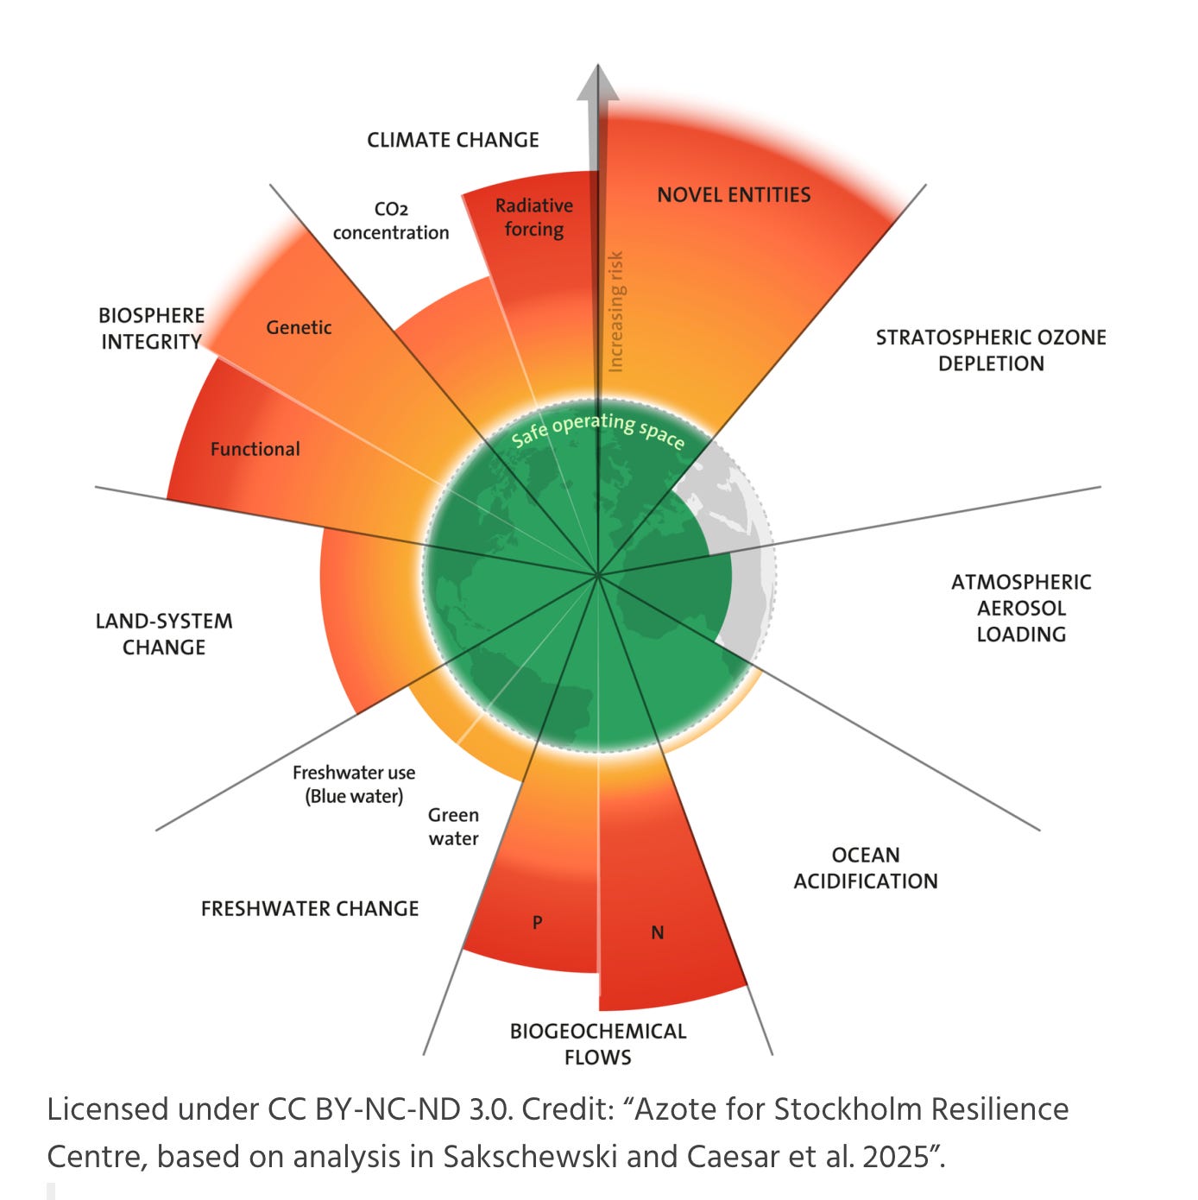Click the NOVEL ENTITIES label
coord(734,195)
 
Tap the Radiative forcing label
coord(533,218)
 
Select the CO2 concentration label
coord(391,221)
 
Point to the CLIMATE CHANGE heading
coord(452,140)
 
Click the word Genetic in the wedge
coord(299,328)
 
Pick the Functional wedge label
coord(255,449)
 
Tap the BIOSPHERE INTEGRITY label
coord(152,329)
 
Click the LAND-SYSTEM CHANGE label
coord(164,635)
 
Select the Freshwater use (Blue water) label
coord(354,785)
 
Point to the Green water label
coord(453,827)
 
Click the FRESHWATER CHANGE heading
coord(310,909)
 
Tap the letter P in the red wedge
coord(537,923)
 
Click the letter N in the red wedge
coord(657,933)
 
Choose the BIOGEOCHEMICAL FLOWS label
coord(598,1045)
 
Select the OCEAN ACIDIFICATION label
coord(866,868)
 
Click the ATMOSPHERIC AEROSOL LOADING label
coord(1021,609)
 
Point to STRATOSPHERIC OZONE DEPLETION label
coord(991,351)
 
